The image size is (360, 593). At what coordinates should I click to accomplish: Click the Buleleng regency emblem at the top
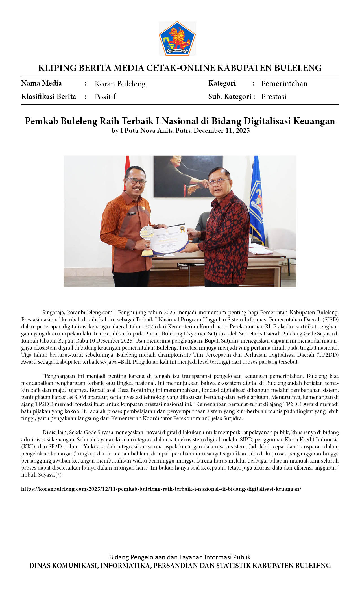(177, 38)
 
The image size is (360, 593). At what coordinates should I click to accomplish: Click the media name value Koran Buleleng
(120, 84)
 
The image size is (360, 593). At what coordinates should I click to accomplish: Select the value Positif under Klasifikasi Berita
(105, 97)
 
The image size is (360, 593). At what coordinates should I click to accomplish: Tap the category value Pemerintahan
(284, 84)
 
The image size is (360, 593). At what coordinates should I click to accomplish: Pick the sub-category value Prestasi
(274, 97)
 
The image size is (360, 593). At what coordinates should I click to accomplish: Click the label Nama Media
(42, 83)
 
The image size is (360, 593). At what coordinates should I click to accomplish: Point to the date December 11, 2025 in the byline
(222, 130)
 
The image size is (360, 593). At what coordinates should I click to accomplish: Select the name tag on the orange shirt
(132, 214)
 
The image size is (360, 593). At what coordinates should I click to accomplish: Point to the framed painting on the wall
(188, 176)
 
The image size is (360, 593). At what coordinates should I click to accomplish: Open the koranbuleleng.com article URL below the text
(161, 489)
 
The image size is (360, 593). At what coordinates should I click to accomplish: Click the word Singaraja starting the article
(53, 313)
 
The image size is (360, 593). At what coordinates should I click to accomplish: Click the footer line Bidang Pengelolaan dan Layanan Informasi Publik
(180, 557)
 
